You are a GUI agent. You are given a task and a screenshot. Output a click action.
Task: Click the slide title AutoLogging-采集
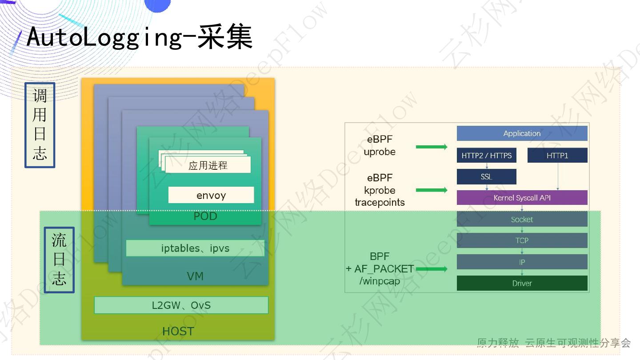(139, 36)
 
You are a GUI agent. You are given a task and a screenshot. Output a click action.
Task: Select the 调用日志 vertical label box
(40, 125)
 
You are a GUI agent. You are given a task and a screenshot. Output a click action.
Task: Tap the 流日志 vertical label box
(59, 260)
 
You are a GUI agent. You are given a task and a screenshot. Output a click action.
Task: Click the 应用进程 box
(208, 166)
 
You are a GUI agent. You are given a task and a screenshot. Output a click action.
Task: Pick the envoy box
(211, 195)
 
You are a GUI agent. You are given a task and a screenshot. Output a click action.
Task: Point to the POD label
(205, 216)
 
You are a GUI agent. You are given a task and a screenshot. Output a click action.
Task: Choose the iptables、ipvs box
(195, 248)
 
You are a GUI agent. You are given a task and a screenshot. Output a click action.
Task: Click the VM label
(195, 276)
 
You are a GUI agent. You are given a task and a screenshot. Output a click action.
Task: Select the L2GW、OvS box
(181, 305)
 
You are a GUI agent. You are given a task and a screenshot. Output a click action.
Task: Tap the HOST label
(178, 332)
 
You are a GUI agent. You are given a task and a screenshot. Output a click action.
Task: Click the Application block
(522, 133)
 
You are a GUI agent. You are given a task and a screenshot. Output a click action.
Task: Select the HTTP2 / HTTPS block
(486, 156)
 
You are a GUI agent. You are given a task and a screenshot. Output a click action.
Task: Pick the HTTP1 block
(557, 156)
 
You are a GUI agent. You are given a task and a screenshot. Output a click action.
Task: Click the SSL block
(486, 177)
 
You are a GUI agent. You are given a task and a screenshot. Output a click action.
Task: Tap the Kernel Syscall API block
(522, 198)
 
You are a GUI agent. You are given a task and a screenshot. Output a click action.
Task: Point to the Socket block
(522, 219)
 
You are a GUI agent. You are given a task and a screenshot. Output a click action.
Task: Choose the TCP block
(522, 240)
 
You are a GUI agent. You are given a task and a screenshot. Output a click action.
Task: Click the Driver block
(522, 283)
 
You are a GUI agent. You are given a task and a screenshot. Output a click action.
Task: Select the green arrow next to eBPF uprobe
(431, 147)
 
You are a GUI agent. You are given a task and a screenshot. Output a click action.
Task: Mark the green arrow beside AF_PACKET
(431, 269)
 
